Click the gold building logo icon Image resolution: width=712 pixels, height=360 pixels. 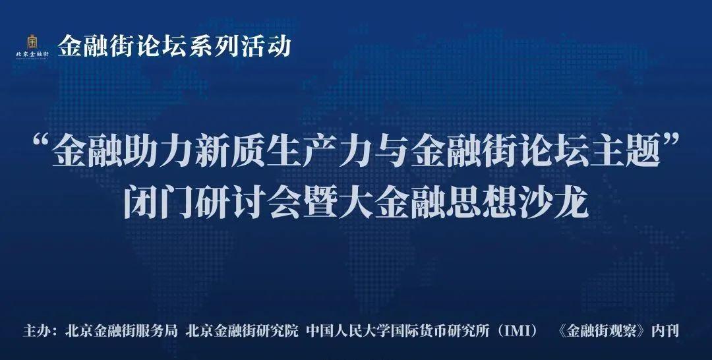(x=32, y=41)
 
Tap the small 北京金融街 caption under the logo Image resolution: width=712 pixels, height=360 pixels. (x=32, y=53)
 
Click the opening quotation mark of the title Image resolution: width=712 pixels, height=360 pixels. (x=43, y=144)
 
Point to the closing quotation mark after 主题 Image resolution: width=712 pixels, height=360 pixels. (x=670, y=144)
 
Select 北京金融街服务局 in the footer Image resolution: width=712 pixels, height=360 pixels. (x=121, y=330)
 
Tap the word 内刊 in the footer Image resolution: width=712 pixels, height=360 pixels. (x=665, y=330)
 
